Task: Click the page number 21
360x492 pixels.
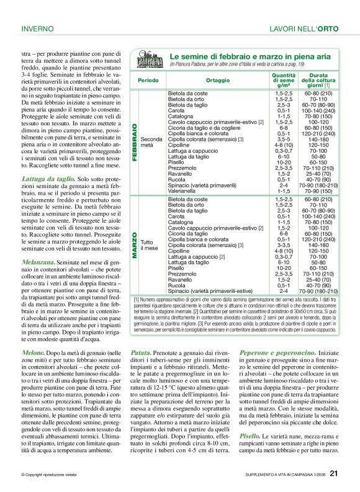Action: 333,475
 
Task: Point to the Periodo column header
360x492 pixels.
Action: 148,81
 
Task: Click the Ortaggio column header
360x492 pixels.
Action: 217,81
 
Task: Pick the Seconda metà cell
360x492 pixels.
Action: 151,142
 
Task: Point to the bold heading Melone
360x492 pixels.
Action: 35,352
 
